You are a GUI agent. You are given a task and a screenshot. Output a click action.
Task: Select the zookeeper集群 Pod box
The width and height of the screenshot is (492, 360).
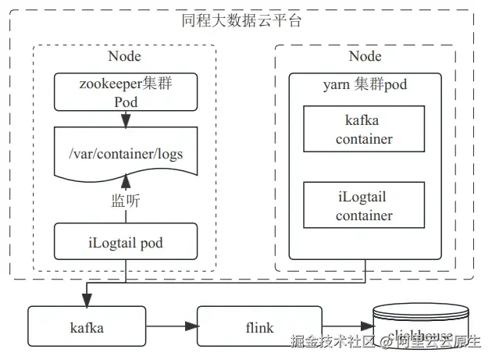pos(125,91)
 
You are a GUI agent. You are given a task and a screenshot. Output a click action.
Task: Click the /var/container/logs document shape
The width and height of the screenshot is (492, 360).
pos(125,153)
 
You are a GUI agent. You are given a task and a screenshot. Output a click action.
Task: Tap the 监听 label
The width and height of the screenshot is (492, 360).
pos(125,201)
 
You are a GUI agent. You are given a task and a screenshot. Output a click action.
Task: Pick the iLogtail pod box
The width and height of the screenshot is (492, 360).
pos(125,241)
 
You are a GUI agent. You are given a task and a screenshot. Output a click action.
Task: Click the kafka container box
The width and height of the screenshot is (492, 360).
pos(364,130)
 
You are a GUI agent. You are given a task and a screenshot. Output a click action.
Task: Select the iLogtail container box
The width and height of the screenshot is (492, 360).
pos(364,205)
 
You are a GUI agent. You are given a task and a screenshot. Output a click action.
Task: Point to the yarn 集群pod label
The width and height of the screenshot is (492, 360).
pos(365,84)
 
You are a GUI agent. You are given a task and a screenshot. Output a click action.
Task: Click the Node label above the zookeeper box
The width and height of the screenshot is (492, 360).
pos(124,55)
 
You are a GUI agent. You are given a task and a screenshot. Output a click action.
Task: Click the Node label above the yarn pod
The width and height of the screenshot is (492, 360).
pos(365,55)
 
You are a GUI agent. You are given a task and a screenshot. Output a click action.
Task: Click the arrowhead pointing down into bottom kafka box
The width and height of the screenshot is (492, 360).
pos(86,301)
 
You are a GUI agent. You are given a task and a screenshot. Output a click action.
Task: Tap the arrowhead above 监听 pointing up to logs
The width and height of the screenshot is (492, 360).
pos(125,184)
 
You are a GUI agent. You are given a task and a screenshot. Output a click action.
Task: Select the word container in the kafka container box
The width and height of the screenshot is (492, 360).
pos(364,139)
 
